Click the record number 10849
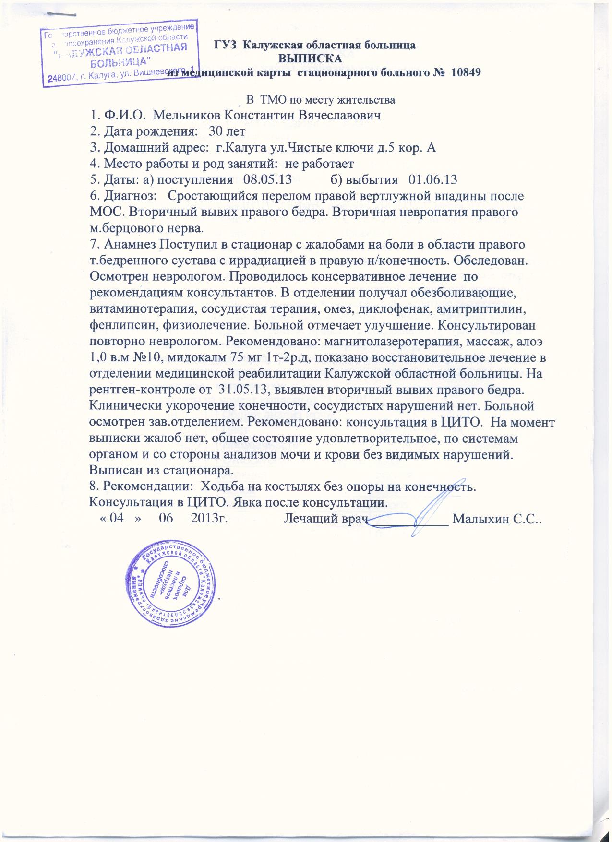(x=464, y=73)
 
